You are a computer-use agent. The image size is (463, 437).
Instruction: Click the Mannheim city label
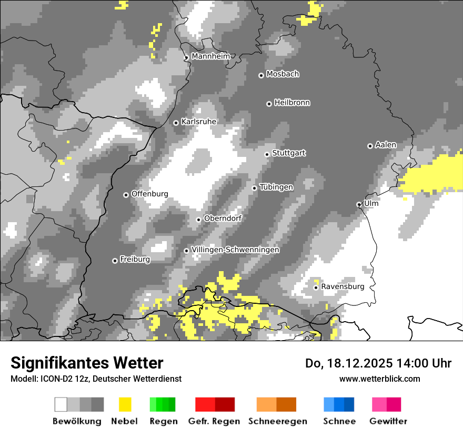tap(210, 56)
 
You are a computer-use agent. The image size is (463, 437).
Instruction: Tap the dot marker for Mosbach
tap(261, 75)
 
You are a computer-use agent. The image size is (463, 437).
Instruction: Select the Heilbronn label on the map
tap(292, 103)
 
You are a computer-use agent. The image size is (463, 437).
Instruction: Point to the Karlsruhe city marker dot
tap(176, 123)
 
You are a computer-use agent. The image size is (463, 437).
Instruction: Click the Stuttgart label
tap(289, 153)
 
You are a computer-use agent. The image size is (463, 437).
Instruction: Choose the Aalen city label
tap(386, 145)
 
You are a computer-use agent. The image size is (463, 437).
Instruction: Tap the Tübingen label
tap(276, 187)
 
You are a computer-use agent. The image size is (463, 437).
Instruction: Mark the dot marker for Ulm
tap(359, 204)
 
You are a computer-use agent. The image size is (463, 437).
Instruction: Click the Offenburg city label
tap(149, 194)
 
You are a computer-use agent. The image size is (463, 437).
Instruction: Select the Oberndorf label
tap(223, 218)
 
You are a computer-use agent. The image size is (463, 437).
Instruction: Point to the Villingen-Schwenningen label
tap(235, 250)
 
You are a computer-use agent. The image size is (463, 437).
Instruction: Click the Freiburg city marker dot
tap(115, 261)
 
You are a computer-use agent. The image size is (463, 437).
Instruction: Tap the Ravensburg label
tap(343, 286)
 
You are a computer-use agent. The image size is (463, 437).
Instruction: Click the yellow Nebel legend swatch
tap(125, 404)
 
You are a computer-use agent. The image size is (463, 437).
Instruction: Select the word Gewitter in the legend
tap(388, 421)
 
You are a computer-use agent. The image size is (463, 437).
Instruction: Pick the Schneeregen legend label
tap(277, 421)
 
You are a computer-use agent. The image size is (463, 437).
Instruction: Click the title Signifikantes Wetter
tap(87, 363)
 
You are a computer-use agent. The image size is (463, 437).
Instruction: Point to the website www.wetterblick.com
tap(380, 379)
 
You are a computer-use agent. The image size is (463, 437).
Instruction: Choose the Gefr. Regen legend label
tap(214, 421)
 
